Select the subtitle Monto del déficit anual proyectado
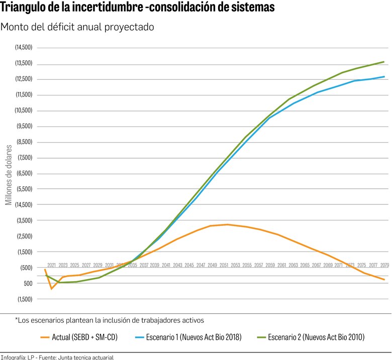click(77, 27)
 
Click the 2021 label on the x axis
click(52, 265)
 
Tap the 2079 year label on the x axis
click(384, 265)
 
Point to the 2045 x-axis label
click(189, 265)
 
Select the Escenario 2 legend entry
click(316, 337)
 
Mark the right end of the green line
click(384, 62)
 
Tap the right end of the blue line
click(384, 77)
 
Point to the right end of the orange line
click(384, 280)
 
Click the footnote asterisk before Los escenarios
click(16, 319)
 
